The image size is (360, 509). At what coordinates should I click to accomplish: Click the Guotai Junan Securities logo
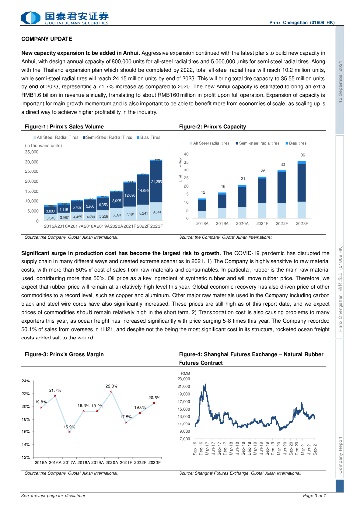(x=65, y=18)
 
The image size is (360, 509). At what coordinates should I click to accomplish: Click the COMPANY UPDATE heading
(x=47, y=39)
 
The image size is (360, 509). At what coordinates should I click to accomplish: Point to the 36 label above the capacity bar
(x=302, y=155)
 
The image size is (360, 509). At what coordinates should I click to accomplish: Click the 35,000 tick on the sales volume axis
(x=32, y=152)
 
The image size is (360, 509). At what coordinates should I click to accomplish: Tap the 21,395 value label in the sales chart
(x=156, y=182)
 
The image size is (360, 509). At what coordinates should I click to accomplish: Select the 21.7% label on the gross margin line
(x=55, y=390)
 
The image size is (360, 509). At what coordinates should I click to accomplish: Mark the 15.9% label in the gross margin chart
(x=69, y=427)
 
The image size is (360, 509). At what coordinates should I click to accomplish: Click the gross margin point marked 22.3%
(x=111, y=392)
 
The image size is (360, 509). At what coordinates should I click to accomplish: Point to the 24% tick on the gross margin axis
(x=26, y=381)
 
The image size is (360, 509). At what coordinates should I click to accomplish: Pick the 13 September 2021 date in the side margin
(x=340, y=82)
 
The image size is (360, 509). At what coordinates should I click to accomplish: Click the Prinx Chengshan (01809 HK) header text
(x=301, y=23)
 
